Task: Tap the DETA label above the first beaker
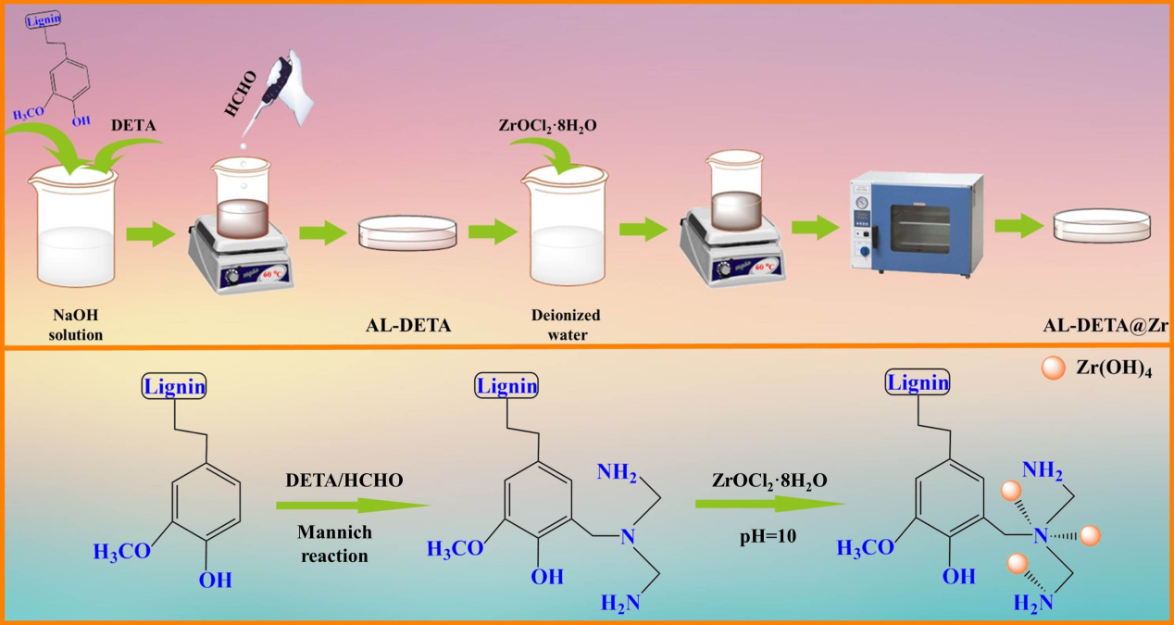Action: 133,123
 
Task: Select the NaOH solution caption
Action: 76,327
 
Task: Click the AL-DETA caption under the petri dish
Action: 407,325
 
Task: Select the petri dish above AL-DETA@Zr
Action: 1102,225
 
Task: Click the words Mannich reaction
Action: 335,544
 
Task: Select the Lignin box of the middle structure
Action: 507,384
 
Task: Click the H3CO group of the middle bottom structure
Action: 456,549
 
